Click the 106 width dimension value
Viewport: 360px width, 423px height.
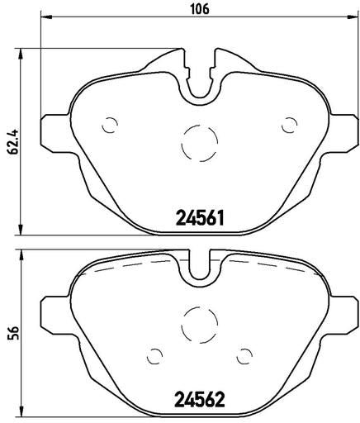coord(200,9)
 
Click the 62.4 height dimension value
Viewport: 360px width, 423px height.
coord(12,141)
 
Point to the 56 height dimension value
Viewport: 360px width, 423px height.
coord(12,333)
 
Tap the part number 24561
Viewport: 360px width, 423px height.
coord(200,217)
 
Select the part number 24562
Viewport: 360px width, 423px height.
coord(200,399)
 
